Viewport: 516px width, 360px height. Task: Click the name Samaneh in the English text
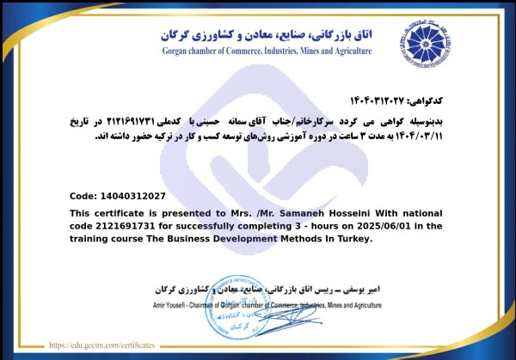point(283,213)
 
